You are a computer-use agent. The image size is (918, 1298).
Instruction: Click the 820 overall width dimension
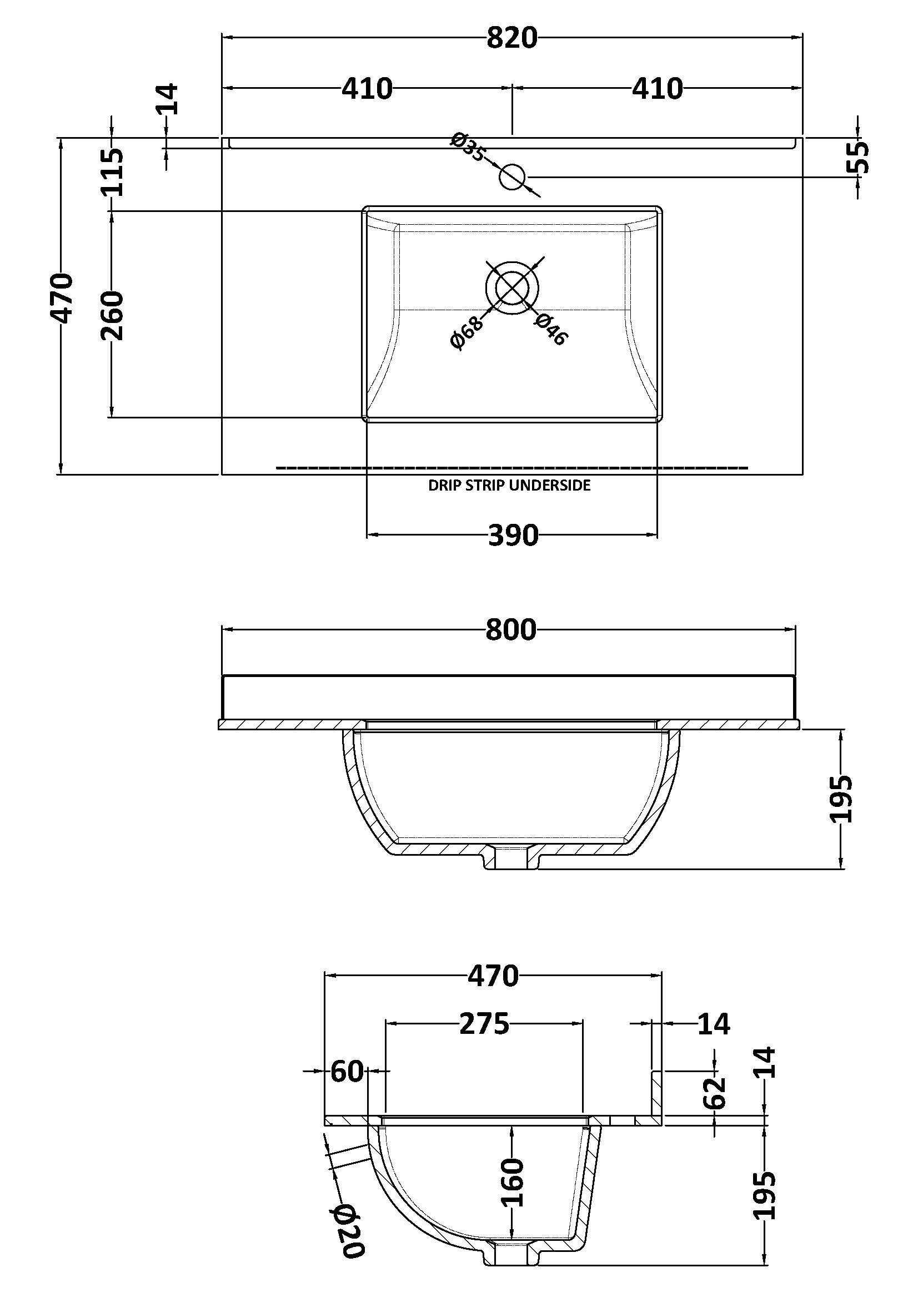pyautogui.click(x=511, y=38)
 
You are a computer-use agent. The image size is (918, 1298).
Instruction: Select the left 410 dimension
pyautogui.click(x=367, y=89)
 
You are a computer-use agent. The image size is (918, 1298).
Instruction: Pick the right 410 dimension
pyautogui.click(x=657, y=89)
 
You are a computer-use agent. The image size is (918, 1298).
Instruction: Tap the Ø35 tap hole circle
pyautogui.click(x=513, y=177)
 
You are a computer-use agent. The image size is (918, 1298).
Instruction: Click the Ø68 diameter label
pyautogui.click(x=467, y=333)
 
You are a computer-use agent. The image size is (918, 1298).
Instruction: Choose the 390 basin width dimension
pyautogui.click(x=513, y=535)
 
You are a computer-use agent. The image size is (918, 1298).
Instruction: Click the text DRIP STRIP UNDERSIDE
pyautogui.click(x=509, y=485)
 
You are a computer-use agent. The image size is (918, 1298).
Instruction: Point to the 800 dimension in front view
pyautogui.click(x=511, y=630)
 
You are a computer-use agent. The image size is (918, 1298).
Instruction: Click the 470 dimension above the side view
pyautogui.click(x=493, y=976)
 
